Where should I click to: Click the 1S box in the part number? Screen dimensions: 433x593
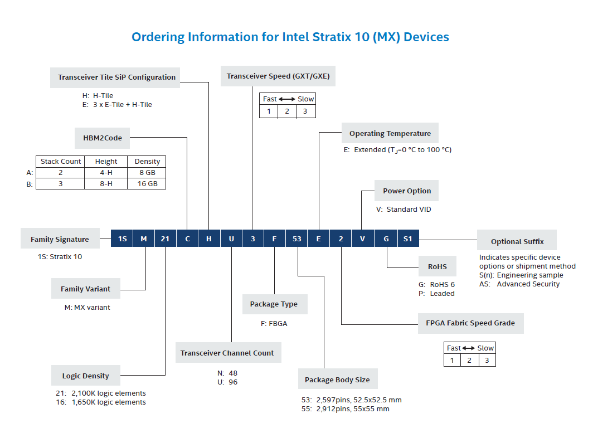click(122, 239)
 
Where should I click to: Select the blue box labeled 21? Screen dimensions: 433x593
click(165, 239)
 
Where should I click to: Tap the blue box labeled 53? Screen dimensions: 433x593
click(296, 239)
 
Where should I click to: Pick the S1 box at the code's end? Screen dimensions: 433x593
click(407, 239)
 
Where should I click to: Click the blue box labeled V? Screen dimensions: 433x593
click(363, 239)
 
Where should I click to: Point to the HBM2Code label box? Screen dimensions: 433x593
click(103, 138)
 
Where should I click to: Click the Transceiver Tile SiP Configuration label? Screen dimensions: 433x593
click(116, 77)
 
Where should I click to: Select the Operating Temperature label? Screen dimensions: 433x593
click(390, 134)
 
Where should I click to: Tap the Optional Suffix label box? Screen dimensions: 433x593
click(517, 242)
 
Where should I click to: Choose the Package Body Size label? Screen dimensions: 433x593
click(337, 380)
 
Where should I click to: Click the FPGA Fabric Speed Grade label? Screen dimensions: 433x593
click(470, 323)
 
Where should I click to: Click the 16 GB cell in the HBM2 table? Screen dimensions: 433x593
click(147, 183)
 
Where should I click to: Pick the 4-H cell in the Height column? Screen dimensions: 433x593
click(106, 172)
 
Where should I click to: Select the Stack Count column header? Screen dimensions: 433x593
click(61, 162)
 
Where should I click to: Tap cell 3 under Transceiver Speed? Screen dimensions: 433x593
click(305, 111)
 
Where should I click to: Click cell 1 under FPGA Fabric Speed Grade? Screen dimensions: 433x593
click(452, 360)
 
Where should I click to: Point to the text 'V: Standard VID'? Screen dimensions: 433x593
click(404, 210)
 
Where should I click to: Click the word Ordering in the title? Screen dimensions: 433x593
click(157, 37)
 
